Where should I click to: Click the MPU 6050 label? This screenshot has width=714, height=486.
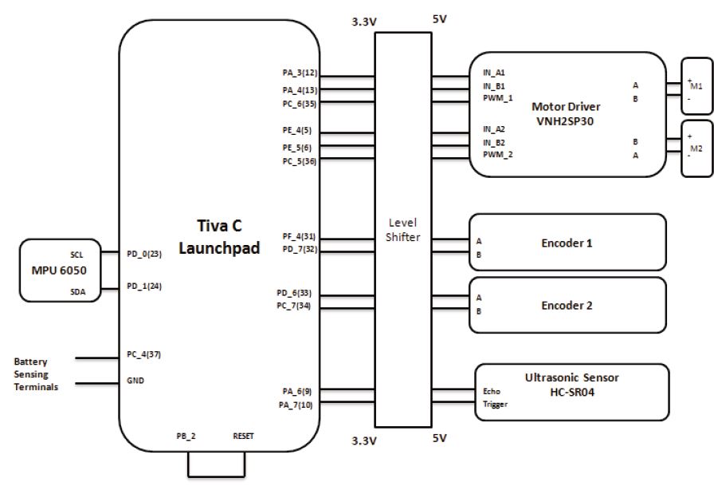point(59,271)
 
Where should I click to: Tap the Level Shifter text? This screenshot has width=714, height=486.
point(402,230)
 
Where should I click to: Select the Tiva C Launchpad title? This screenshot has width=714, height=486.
point(219,237)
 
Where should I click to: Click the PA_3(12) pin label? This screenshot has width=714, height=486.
point(300,73)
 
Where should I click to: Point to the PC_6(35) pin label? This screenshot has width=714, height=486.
point(299,104)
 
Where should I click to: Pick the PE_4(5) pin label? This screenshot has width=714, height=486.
point(297,130)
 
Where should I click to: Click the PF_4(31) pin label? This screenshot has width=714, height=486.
point(299,237)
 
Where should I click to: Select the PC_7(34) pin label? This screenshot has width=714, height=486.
point(294,306)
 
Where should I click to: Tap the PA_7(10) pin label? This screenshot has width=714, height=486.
point(296,405)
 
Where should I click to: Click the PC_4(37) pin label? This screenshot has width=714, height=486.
point(144,354)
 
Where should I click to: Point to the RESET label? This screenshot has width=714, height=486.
point(243,437)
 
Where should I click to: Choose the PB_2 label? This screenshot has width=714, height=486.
point(186,437)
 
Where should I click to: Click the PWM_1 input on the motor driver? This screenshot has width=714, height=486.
point(498,98)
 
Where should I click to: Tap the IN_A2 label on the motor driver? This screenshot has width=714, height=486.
point(494,129)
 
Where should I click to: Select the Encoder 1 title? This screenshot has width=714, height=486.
point(567,243)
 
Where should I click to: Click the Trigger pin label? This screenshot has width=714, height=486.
point(495,405)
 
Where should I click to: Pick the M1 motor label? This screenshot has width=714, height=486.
point(696,85)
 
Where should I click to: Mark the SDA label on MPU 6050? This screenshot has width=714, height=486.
point(78,292)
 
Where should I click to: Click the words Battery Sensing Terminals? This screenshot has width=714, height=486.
point(36,374)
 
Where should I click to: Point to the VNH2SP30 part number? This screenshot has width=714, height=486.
point(565,121)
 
